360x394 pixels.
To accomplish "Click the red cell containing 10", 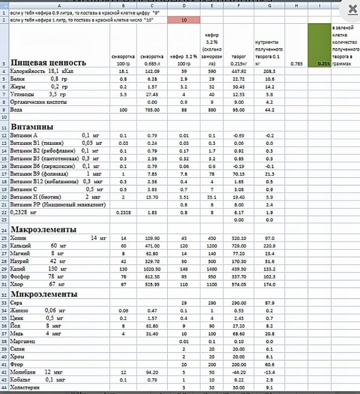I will [184, 20].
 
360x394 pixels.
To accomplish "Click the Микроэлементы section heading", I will [43, 294].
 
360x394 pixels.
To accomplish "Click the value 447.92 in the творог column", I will [239, 71].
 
